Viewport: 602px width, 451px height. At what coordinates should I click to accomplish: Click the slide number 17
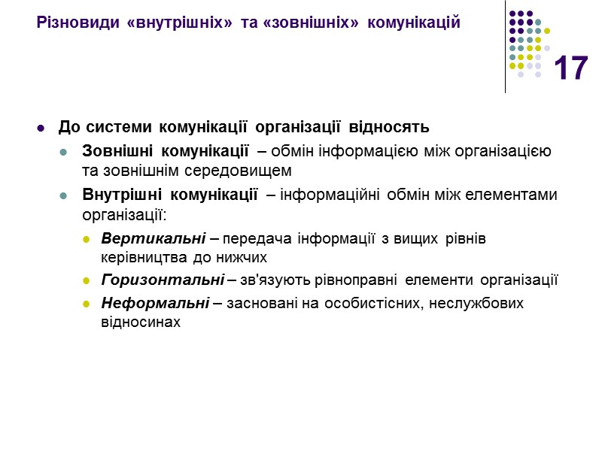point(570,69)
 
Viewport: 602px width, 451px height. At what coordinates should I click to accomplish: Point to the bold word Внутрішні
point(121,195)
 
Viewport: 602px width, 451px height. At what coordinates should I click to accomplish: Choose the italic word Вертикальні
point(154,239)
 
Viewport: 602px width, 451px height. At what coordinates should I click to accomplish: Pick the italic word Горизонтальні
point(161,281)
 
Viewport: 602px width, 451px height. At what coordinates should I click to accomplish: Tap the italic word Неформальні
point(154,303)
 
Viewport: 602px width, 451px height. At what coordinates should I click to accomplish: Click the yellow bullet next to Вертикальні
point(86,240)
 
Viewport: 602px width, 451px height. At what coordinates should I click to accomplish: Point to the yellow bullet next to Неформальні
point(86,304)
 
